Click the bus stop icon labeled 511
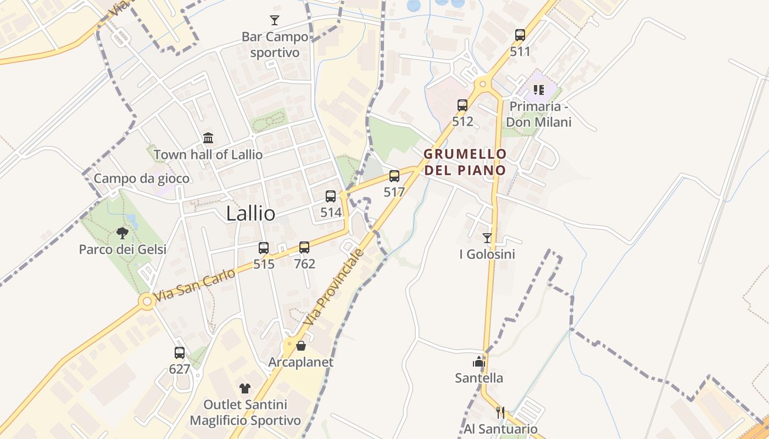520,35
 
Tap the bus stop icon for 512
462,105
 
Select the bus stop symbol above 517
394,176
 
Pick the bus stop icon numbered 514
331,196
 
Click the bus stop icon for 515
264,247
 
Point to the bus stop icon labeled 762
304,247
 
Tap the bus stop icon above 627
180,353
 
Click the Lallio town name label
250,213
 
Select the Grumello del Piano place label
465,162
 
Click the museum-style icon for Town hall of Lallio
208,138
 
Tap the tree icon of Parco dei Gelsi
122,233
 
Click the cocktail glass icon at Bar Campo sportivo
275,21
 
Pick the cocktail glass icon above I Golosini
487,238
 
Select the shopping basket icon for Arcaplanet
300,346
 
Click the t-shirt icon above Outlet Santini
245,389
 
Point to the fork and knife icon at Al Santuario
500,412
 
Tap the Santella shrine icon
479,362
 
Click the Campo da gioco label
142,178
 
